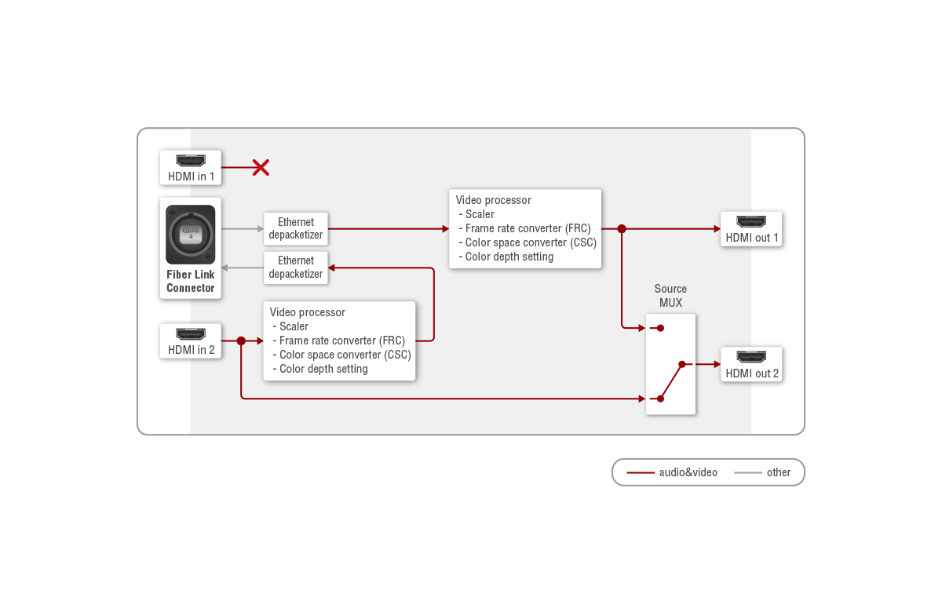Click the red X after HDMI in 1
261,167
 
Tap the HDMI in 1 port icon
191,161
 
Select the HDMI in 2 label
191,350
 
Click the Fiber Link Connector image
191,234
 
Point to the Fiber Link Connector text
191,281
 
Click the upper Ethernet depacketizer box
296,228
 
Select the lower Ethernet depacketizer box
296,267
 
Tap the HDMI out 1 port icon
752,222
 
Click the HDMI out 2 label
752,373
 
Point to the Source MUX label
670,295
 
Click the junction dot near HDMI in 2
241,341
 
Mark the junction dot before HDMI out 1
622,229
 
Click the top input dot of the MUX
661,328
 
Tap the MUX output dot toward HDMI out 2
681,364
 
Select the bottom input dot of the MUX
661,399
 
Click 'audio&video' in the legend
688,472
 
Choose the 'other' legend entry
779,472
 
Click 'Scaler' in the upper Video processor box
480,214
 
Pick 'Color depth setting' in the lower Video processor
323,369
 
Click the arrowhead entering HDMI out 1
716,229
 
